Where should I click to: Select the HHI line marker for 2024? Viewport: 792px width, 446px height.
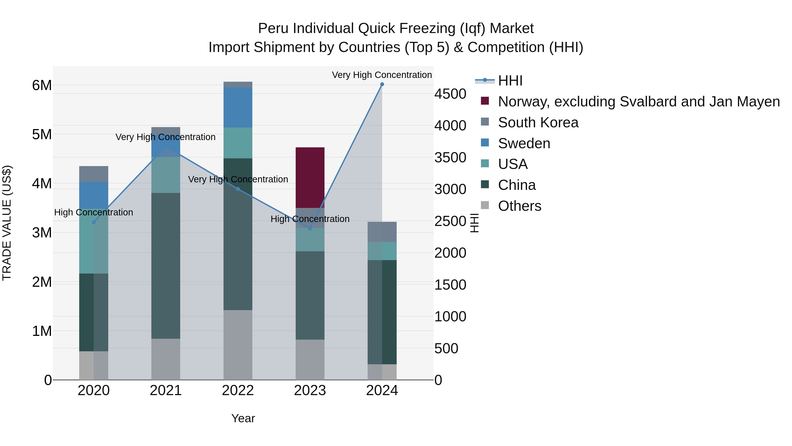382,84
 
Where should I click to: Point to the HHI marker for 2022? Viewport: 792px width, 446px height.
238,189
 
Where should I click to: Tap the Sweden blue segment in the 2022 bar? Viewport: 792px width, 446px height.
238,107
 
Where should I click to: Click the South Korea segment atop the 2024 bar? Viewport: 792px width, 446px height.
382,232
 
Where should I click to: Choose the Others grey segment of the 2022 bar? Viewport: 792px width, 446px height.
238,345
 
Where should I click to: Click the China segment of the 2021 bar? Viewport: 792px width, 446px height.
166,266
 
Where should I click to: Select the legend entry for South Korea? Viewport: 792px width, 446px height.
538,122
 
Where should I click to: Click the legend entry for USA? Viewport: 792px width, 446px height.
513,164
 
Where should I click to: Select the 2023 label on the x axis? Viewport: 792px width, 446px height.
310,390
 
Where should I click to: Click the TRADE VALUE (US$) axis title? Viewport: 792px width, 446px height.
7,223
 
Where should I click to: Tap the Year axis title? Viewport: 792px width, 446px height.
243,418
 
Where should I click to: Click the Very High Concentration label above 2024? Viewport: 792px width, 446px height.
382,75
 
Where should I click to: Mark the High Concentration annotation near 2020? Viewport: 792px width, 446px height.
93,212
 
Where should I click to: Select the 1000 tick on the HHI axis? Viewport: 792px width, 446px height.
450,317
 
